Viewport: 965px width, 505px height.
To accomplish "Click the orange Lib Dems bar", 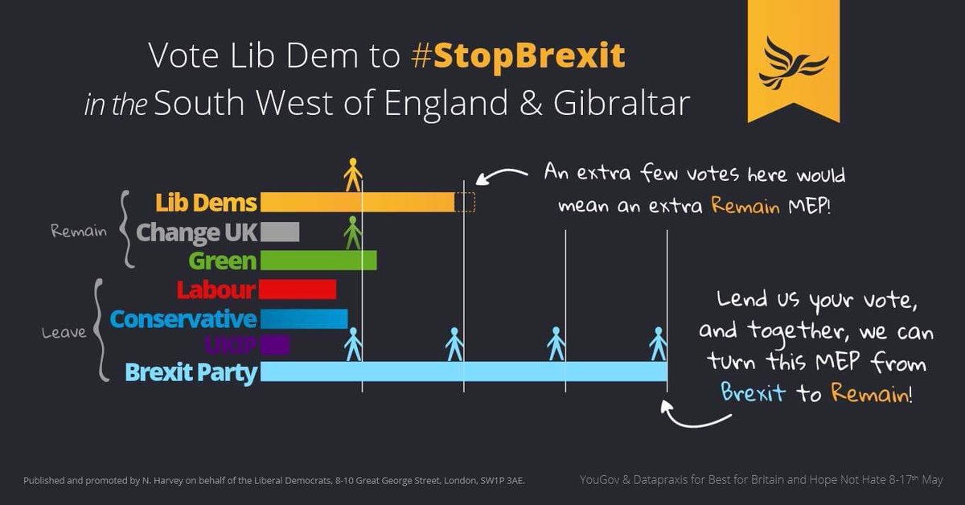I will tap(358, 203).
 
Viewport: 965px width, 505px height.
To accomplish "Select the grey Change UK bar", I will tap(280, 232).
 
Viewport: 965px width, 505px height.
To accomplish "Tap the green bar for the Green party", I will tap(318, 261).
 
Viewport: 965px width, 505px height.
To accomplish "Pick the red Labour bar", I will tap(298, 289).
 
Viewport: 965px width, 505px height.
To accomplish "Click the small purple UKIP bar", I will tap(275, 346).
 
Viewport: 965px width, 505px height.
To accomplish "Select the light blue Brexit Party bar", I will tap(463, 372).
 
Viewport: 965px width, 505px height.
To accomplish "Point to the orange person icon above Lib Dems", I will tap(352, 174).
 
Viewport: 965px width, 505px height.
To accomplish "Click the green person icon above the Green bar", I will tap(352, 233).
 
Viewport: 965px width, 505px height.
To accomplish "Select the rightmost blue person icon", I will tap(659, 343).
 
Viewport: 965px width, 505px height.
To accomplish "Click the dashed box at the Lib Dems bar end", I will tap(465, 203).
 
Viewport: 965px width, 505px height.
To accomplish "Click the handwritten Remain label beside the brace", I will tap(78, 232).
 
